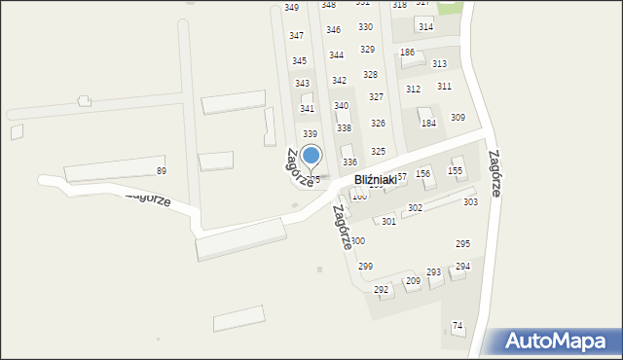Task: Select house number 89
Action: coord(162,171)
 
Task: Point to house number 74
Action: coord(458,326)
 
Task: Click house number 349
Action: coord(292,8)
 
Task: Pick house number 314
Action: coord(425,26)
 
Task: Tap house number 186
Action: coord(408,53)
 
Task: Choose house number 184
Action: coord(428,124)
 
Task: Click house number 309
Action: coord(458,118)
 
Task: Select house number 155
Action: coord(455,171)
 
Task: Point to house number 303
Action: coord(470,202)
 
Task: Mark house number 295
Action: coord(463,243)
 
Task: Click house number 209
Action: coord(413,281)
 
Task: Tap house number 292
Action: coord(382,290)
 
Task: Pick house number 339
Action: coord(310,134)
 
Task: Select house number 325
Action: coord(378,152)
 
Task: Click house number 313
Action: coord(439,64)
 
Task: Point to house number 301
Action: coord(388,222)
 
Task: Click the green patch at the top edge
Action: coord(450,7)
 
